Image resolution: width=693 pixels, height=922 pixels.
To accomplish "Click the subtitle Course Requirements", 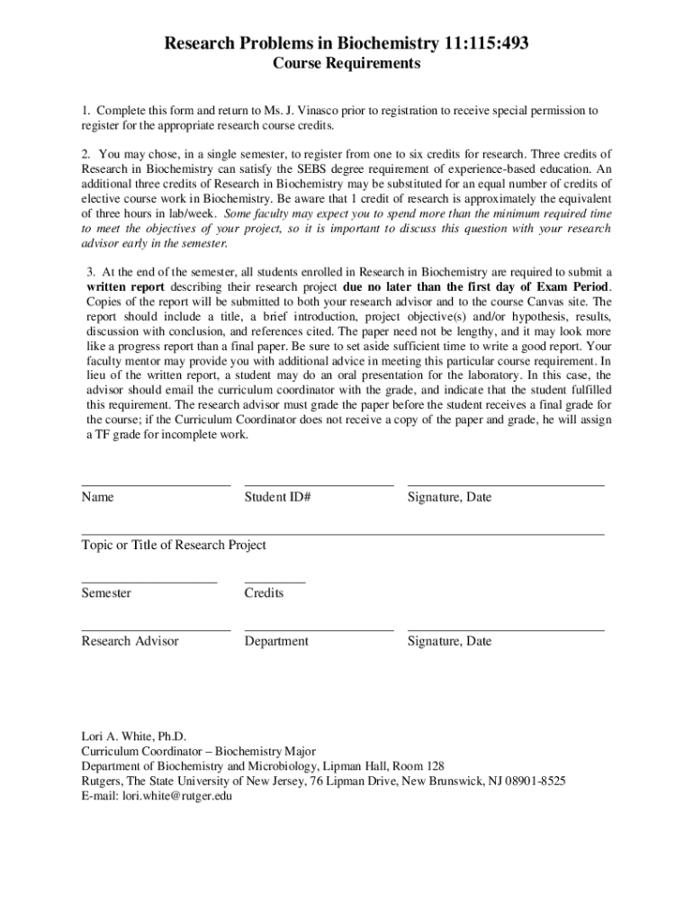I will [346, 64].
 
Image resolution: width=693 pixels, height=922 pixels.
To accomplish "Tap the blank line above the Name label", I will [156, 486].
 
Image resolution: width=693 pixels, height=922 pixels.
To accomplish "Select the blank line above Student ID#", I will [319, 486].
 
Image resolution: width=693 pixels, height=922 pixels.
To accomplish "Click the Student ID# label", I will [277, 497].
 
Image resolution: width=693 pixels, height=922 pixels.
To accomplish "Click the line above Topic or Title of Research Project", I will [342, 535].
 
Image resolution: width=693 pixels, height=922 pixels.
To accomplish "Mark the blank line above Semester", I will [148, 583].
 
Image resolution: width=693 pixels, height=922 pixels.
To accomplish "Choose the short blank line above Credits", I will [274, 583].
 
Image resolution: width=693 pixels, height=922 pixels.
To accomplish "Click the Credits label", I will [264, 593].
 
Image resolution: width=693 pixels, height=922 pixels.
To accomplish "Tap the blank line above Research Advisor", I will [156, 630].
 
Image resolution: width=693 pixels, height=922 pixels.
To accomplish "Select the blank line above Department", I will [319, 630].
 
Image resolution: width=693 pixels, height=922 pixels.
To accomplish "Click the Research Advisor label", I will [130, 641].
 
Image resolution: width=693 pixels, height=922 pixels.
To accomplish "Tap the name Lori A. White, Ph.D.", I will [134, 736].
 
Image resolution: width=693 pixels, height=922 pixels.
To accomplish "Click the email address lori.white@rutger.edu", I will [176, 797].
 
